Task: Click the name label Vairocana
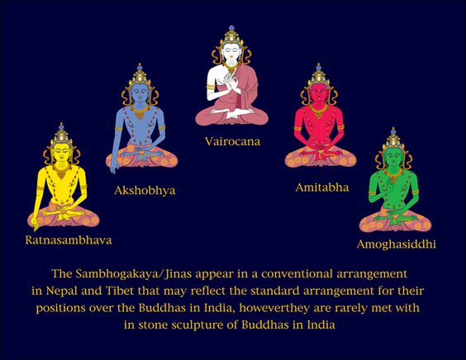[232, 141]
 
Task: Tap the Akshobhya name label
[145, 191]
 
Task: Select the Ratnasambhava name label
[69, 240]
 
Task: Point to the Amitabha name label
[322, 187]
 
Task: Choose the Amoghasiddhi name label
[396, 244]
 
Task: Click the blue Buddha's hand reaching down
[113, 168]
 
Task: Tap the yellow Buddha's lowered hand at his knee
[35, 225]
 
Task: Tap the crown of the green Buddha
[394, 139]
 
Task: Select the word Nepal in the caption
[62, 291]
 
